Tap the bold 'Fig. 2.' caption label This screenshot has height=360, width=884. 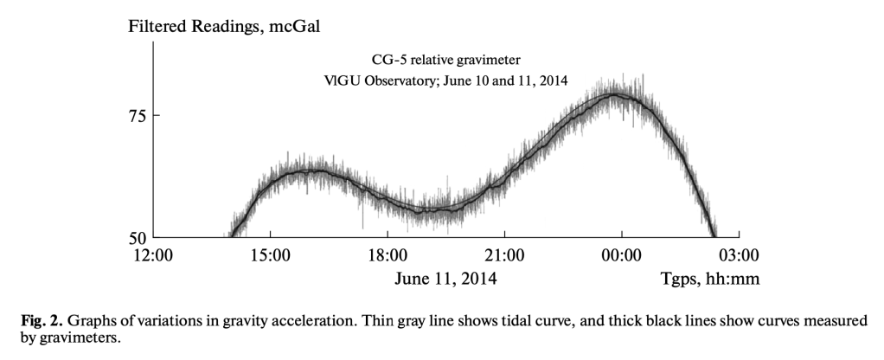40,321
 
